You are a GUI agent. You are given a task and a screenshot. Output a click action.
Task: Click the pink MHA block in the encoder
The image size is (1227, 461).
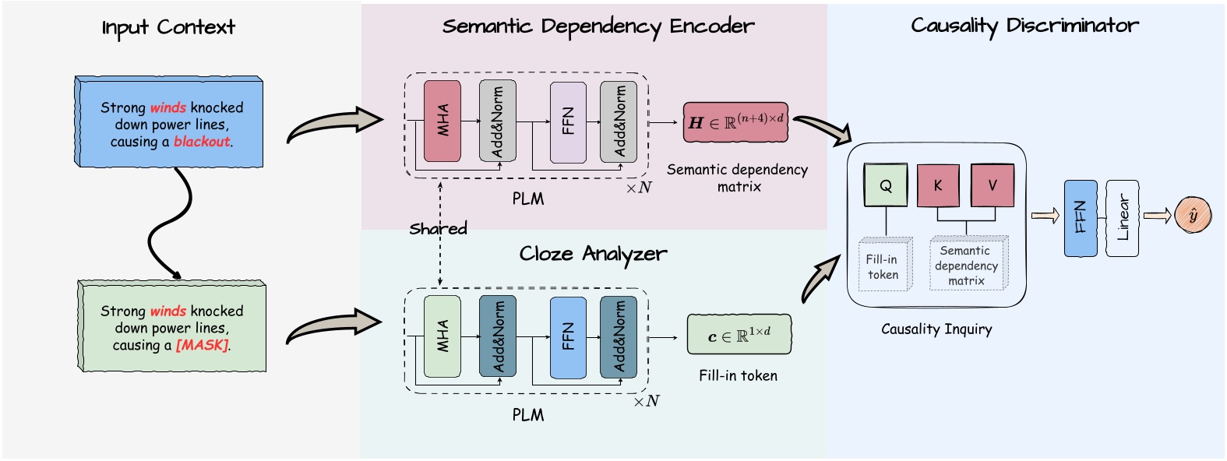pyautogui.click(x=442, y=121)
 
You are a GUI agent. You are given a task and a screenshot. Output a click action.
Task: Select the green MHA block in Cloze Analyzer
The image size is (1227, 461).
pyautogui.click(x=442, y=336)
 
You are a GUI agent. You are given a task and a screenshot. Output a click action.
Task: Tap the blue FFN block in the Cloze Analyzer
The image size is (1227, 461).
pyautogui.click(x=567, y=336)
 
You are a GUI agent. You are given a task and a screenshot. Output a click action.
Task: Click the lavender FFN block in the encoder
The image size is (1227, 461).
pyautogui.click(x=567, y=122)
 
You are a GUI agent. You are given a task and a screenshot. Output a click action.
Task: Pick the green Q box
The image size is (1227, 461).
pyautogui.click(x=886, y=185)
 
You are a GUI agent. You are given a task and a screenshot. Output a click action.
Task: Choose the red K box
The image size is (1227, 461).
pyautogui.click(x=938, y=185)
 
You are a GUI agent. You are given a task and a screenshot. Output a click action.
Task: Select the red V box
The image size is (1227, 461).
pyautogui.click(x=992, y=185)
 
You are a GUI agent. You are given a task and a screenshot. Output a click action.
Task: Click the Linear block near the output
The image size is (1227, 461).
pyautogui.click(x=1122, y=218)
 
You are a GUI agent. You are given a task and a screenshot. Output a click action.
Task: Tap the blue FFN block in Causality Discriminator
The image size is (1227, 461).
pyautogui.click(x=1081, y=218)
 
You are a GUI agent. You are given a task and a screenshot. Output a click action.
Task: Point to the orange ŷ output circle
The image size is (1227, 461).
pyautogui.click(x=1193, y=216)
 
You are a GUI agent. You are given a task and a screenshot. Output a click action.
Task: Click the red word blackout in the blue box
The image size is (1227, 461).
pyautogui.click(x=202, y=142)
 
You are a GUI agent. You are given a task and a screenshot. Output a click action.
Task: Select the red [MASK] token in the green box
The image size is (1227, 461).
pyautogui.click(x=203, y=345)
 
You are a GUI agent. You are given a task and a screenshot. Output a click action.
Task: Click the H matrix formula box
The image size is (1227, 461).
pyautogui.click(x=735, y=122)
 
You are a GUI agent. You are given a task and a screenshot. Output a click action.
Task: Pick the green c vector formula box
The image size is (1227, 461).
pyautogui.click(x=739, y=335)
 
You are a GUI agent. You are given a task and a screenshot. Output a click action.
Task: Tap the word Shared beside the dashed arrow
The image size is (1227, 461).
pyautogui.click(x=438, y=229)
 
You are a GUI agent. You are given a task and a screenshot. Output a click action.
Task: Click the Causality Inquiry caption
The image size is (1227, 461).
pyautogui.click(x=936, y=329)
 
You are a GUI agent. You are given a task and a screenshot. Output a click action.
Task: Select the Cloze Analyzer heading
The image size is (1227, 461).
pyautogui.click(x=593, y=254)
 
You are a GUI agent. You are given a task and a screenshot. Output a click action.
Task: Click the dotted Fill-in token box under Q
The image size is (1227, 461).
pyautogui.click(x=883, y=266)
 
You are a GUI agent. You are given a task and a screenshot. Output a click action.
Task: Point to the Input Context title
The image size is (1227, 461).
pyautogui.click(x=168, y=28)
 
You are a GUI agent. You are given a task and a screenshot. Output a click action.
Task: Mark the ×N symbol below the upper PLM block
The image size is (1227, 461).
pyautogui.click(x=639, y=188)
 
